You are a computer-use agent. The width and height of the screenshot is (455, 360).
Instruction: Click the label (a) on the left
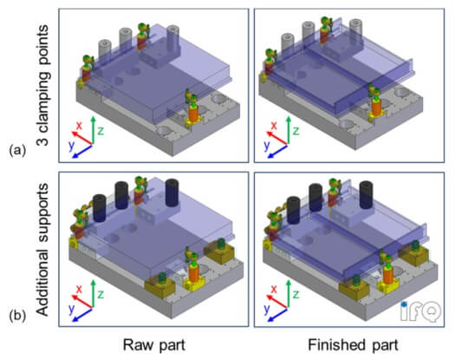[17, 151]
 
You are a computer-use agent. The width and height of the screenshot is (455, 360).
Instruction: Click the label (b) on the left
[17, 315]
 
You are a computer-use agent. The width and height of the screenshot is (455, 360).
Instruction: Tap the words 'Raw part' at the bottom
[154, 345]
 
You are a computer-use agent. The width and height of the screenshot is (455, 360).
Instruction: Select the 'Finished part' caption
[353, 345]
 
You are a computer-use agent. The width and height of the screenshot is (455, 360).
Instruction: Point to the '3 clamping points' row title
[42, 85]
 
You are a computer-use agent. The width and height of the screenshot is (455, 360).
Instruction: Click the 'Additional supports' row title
[42, 249]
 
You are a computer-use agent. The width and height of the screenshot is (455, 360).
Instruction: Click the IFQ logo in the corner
[420, 311]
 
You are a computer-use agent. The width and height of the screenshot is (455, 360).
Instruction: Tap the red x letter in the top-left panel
[79, 126]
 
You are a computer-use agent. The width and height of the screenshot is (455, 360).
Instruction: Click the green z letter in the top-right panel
[296, 131]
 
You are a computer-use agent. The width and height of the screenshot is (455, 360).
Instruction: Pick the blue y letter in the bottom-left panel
[72, 309]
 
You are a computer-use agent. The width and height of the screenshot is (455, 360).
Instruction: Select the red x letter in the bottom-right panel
[274, 290]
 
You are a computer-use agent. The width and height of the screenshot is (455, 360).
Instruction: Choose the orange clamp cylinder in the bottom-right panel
[388, 274]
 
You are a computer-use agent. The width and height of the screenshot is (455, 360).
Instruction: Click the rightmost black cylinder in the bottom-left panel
[172, 193]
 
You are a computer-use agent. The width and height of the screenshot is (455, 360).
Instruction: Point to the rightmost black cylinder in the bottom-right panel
[367, 194]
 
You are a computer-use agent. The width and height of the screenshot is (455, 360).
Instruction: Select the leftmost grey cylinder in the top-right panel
[288, 43]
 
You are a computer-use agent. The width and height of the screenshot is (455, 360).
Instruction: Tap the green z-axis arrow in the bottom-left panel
[93, 293]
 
